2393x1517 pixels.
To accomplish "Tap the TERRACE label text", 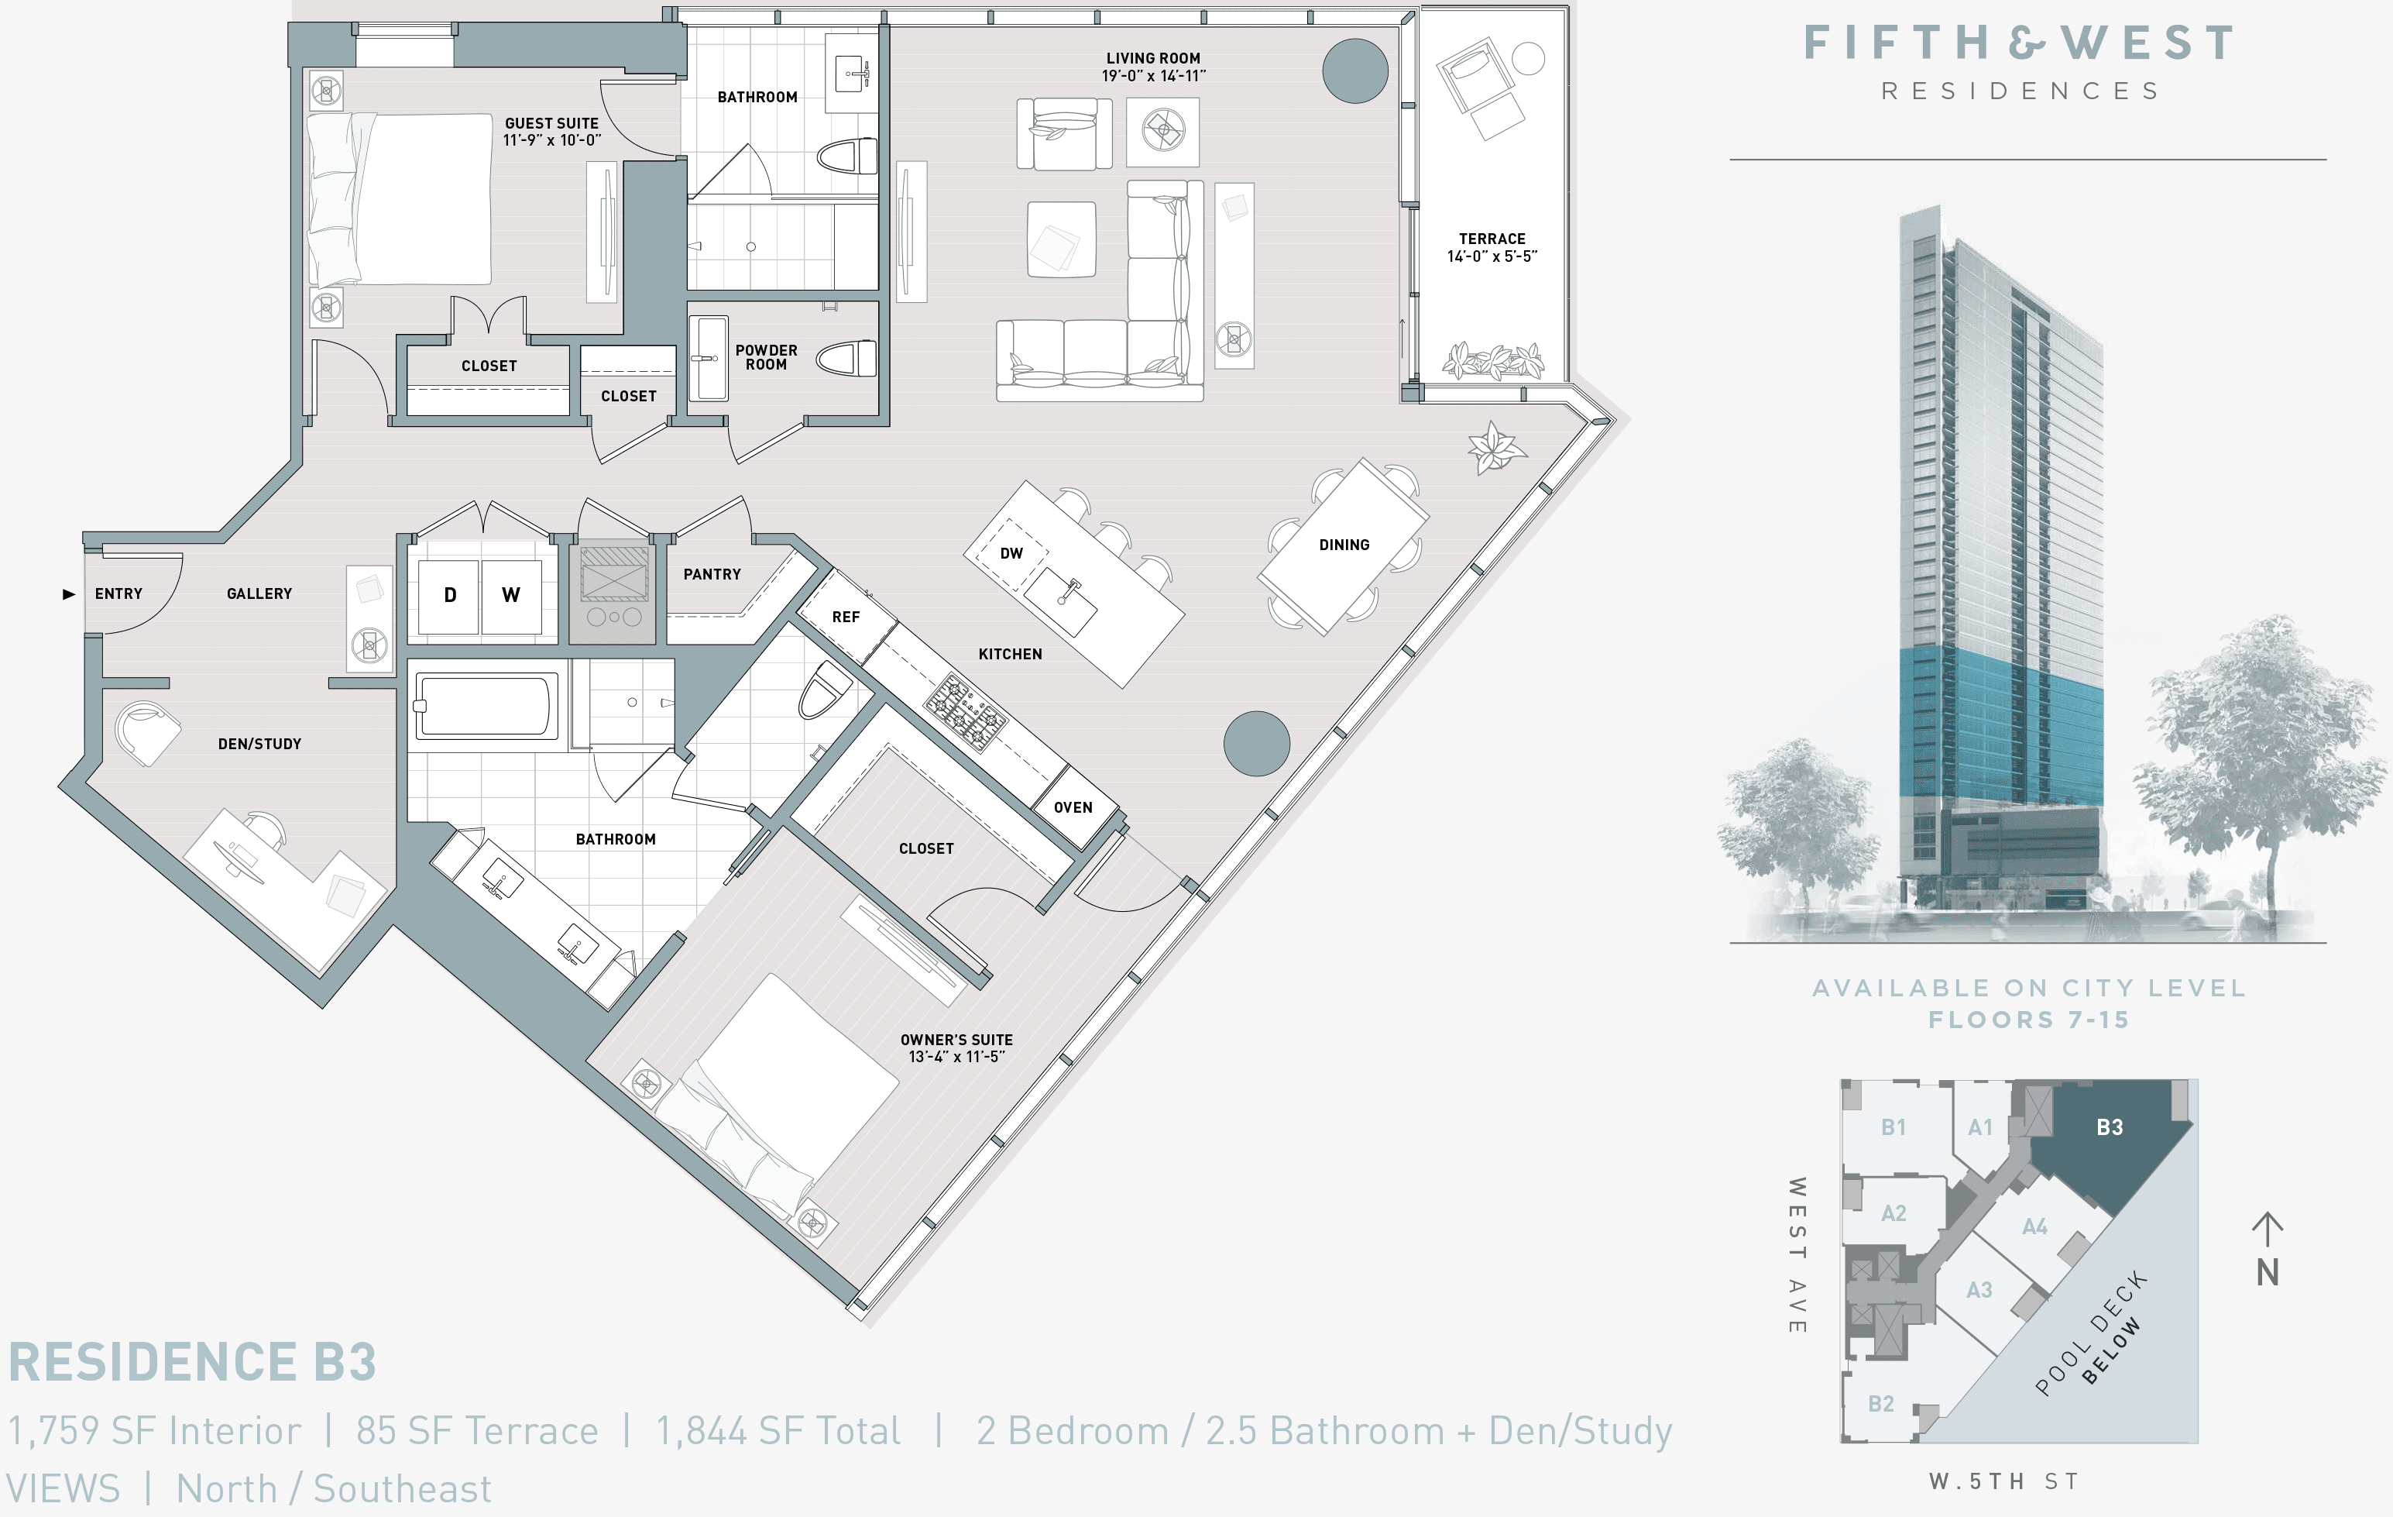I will point(1492,239).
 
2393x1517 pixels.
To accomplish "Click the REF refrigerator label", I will point(846,617).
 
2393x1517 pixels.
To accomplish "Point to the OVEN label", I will point(1073,807).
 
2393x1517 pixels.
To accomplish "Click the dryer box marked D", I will point(449,596).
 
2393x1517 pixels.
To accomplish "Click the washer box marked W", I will point(511,596).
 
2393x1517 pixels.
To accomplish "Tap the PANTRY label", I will point(712,575).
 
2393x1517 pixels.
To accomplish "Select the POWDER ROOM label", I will point(766,358).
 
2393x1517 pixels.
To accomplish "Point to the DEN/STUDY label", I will point(259,744).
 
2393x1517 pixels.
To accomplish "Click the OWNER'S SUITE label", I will point(956,1040).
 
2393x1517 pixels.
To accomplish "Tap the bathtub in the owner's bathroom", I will point(484,706).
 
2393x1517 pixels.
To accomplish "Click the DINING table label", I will point(1344,545).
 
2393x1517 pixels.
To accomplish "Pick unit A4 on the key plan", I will point(2034,1226).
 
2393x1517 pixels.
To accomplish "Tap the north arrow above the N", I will point(2267,1229).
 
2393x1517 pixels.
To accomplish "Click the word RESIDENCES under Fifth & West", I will point(2020,91).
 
